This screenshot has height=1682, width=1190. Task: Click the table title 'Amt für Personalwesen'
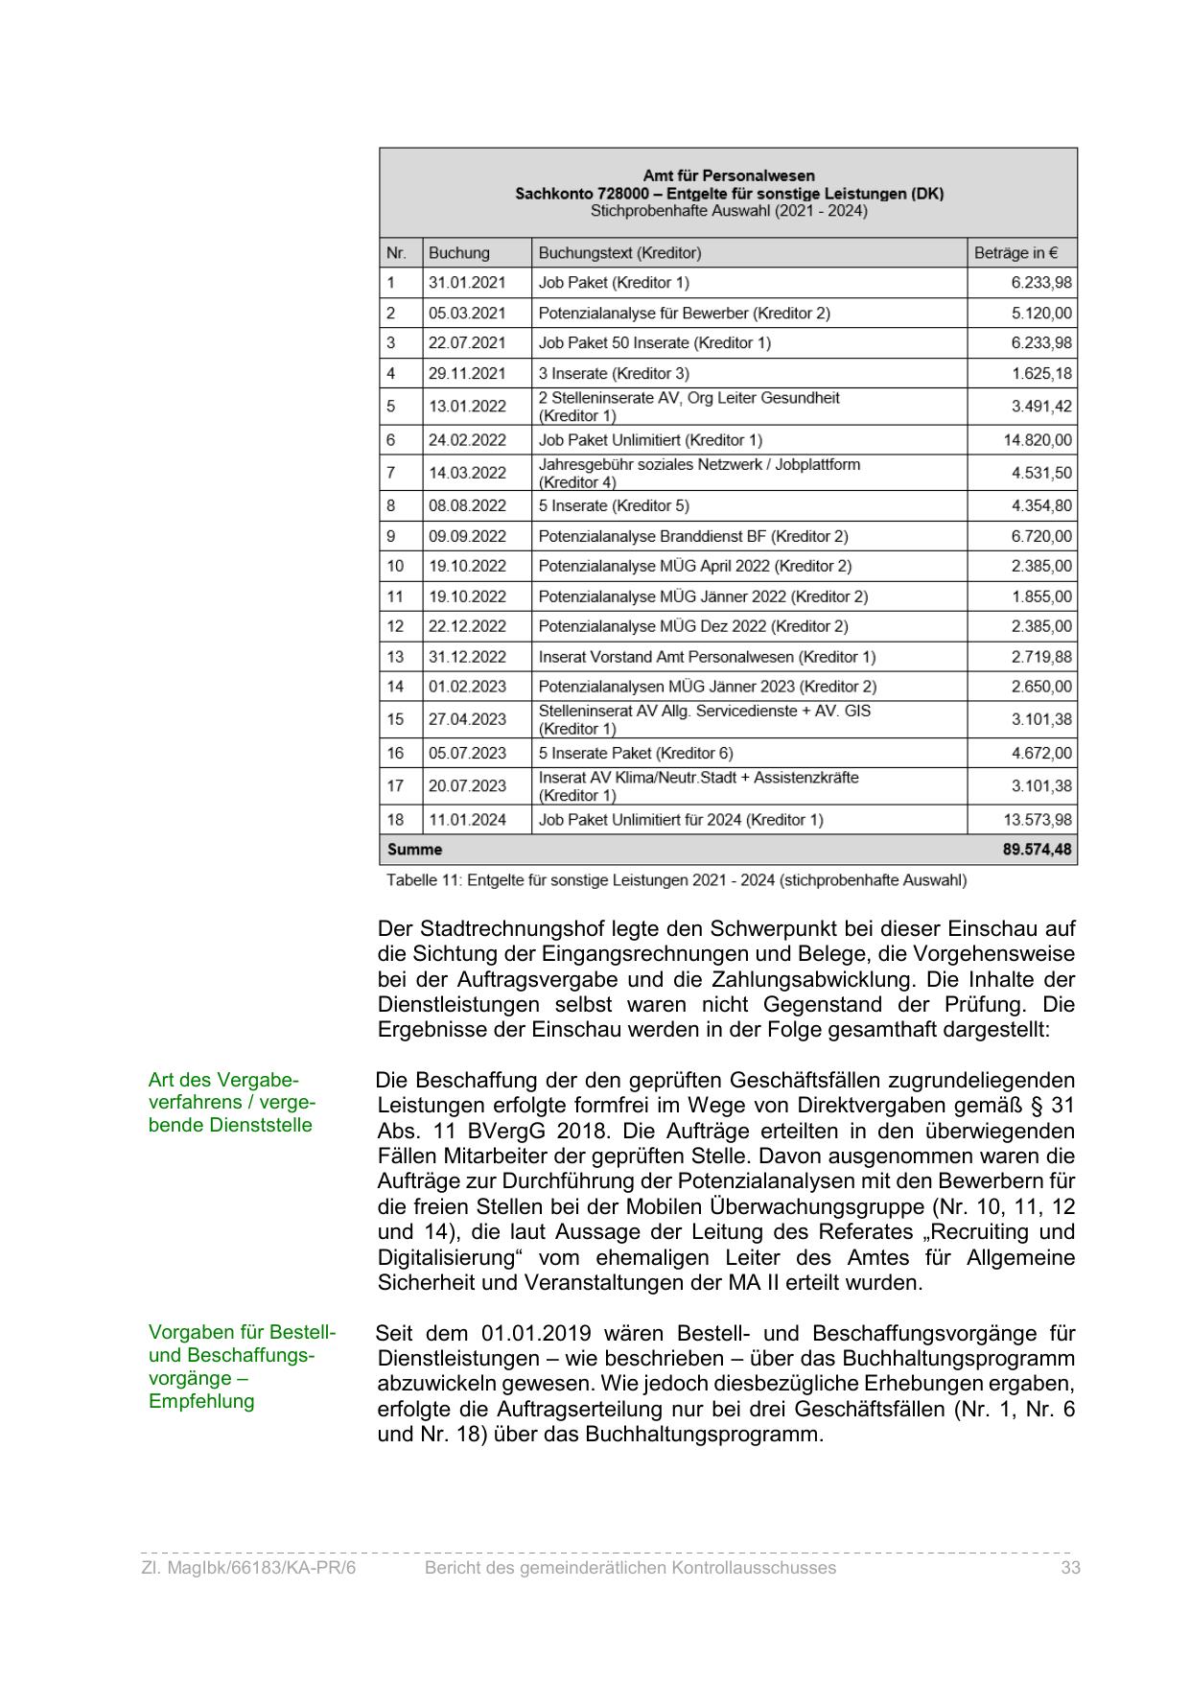coord(728,175)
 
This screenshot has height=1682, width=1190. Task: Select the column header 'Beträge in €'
coord(1015,253)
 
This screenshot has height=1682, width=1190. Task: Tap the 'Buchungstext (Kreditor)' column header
coord(619,253)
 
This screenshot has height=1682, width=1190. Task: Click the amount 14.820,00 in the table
coord(1032,440)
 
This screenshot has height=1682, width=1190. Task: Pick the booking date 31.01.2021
coord(467,283)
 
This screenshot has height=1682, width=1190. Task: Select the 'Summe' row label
coord(414,850)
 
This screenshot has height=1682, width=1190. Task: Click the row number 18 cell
coord(396,820)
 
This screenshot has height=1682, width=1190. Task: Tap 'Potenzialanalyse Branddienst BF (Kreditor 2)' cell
coord(693,536)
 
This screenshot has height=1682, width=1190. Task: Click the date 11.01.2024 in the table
coord(467,820)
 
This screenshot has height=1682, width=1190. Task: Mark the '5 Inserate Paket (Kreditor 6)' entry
coord(636,754)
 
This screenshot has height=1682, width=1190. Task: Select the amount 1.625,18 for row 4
coord(1041,374)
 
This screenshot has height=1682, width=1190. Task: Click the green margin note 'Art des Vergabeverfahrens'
coord(231,1102)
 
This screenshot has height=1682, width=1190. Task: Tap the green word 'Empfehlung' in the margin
coord(201,1402)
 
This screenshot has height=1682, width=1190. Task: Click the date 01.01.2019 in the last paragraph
coord(536,1334)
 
